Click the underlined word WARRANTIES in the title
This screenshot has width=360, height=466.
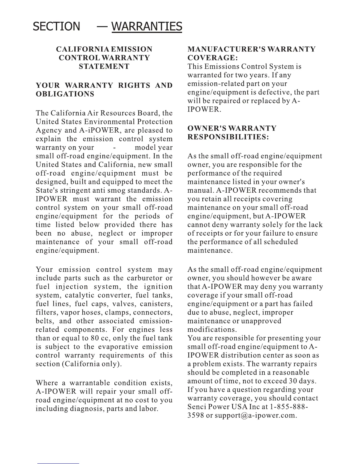147,26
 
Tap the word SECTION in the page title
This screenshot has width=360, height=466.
56,26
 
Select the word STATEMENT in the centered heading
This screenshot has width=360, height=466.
104,66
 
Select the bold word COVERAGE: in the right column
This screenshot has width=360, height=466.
211,58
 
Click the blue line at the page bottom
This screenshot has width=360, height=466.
58,463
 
